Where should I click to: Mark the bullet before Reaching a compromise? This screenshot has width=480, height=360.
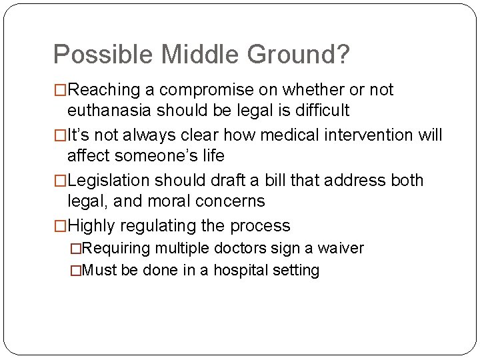(60, 90)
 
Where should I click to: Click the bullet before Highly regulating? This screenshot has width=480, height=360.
(60, 227)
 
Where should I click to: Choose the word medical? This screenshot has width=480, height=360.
(256, 135)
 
